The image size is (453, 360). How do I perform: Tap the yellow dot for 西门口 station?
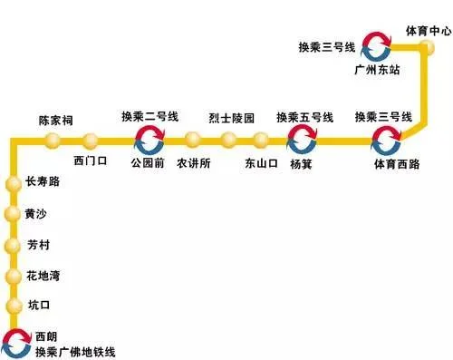point(91,141)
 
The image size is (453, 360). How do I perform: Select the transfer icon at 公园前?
point(149,141)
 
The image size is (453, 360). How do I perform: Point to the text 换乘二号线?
point(150,117)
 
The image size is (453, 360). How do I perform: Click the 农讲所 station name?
point(194,164)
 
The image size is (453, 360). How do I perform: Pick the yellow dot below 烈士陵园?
point(227,141)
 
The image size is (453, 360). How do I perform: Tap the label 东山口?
point(263,164)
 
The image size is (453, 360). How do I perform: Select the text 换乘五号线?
point(305,117)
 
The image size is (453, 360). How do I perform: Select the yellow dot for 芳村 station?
point(12,245)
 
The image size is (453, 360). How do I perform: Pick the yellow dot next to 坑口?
point(12,306)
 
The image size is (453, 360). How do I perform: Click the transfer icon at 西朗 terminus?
point(14,340)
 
